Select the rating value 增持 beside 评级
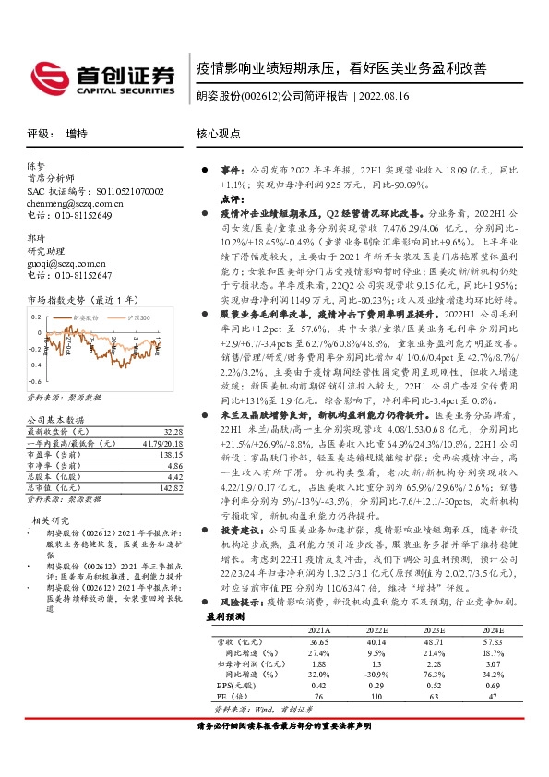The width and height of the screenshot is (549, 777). point(77,133)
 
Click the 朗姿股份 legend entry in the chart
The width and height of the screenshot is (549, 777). point(90,317)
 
